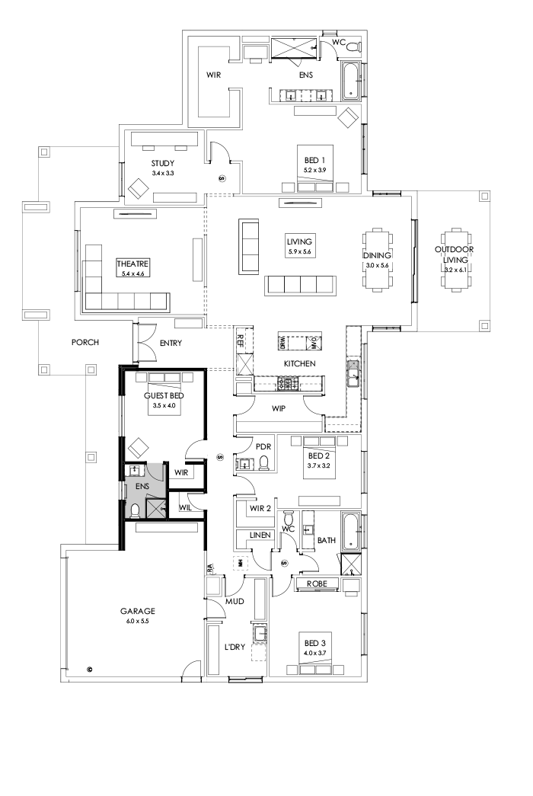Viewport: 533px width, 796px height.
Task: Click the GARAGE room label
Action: [137, 610]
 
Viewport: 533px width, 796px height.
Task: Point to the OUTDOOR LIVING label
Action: [455, 254]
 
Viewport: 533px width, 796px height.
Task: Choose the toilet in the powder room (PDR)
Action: [263, 463]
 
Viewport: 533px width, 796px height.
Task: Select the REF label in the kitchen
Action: [241, 340]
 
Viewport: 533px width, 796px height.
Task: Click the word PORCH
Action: [85, 342]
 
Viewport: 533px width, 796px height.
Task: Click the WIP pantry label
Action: [278, 409]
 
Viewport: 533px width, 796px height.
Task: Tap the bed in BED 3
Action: [314, 660]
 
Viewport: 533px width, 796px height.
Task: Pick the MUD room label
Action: [234, 601]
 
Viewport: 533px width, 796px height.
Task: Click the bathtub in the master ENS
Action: [351, 82]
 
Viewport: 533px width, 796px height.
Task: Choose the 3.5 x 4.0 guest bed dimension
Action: [164, 406]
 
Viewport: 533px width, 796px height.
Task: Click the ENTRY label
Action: [171, 343]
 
